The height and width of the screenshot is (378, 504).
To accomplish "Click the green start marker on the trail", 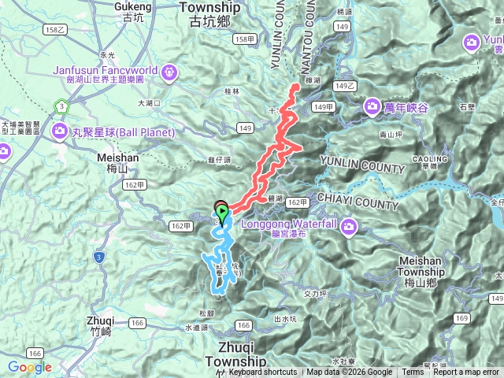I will coord(223,212).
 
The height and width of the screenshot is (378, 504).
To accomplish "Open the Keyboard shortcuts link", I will coord(263,372).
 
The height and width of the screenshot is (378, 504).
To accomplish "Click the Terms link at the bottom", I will coord(413,372).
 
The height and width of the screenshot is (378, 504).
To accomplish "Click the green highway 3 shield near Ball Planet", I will coord(61,106).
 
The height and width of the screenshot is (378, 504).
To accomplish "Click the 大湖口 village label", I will coord(148,102).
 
